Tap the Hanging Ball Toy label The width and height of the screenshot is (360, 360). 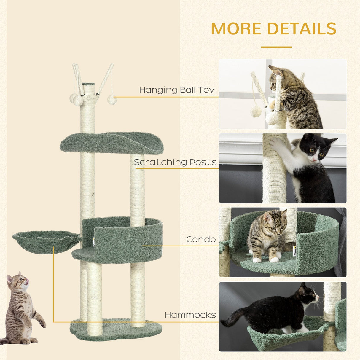click(x=177, y=90)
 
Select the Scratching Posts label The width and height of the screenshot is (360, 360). click(x=175, y=162)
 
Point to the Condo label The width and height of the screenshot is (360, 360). click(x=201, y=239)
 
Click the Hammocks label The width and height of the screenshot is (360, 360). click(x=190, y=315)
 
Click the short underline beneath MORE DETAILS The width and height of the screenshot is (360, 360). click(x=276, y=47)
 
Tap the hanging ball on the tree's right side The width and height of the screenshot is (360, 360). click(x=112, y=99)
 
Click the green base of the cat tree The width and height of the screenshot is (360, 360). click(x=116, y=330)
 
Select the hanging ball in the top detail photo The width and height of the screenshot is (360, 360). click(x=256, y=111)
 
